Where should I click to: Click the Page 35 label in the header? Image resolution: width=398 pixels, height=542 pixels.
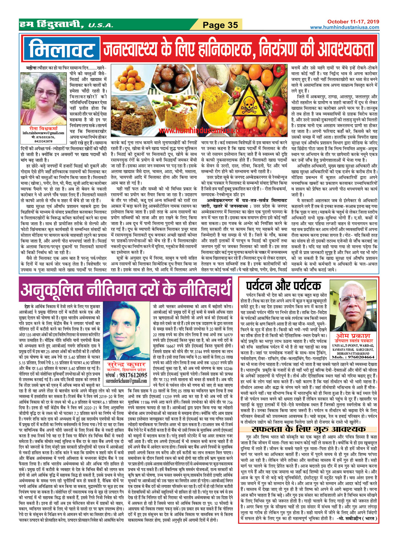(x=220, y=25)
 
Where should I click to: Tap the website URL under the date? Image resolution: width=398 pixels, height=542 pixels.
(x=345, y=28)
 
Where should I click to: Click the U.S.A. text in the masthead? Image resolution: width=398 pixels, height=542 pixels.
(x=100, y=25)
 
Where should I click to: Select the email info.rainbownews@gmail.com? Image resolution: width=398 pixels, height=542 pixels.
(x=43, y=133)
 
